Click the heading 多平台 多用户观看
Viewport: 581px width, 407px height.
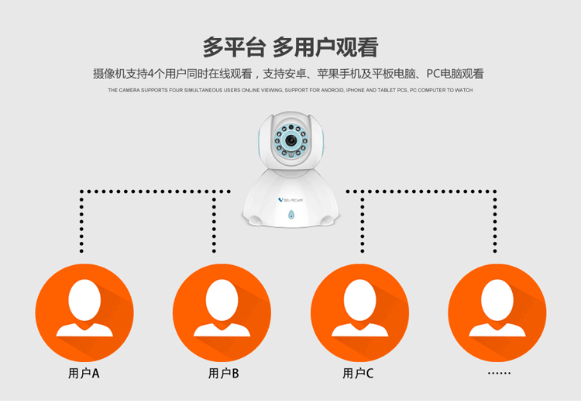click(290, 47)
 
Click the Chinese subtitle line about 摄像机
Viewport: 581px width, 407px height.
click(288, 74)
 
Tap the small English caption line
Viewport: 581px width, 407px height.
click(290, 91)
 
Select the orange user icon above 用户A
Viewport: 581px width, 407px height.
click(84, 312)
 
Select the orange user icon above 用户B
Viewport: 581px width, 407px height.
click(221, 312)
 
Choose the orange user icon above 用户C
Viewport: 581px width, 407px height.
click(359, 312)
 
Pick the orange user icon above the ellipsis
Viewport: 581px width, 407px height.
click(497, 312)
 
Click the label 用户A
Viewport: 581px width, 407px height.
click(84, 374)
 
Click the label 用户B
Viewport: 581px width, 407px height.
click(223, 374)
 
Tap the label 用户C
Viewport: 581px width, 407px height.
click(359, 374)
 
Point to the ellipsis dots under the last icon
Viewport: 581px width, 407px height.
click(499, 374)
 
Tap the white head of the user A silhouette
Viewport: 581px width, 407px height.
click(84, 298)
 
